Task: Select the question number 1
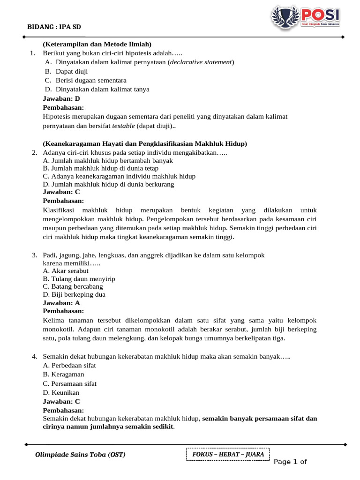pyautogui.click(x=32, y=53)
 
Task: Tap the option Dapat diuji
pyautogui.click(x=72, y=71)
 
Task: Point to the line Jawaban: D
pyautogui.click(x=61, y=98)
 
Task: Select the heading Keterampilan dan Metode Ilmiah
pyautogui.click(x=97, y=44)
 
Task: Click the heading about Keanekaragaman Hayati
pyautogui.click(x=145, y=143)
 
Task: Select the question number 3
pyautogui.click(x=35, y=255)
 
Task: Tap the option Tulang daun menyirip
pyautogui.click(x=79, y=278)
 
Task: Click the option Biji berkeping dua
pyautogui.click(x=74, y=294)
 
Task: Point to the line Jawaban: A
pyautogui.click(x=61, y=303)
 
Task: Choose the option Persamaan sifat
pyautogui.click(x=69, y=383)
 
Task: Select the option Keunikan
pyautogui.click(x=61, y=392)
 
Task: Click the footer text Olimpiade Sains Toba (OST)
pyautogui.click(x=80, y=455)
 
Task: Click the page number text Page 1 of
pyautogui.click(x=290, y=462)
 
